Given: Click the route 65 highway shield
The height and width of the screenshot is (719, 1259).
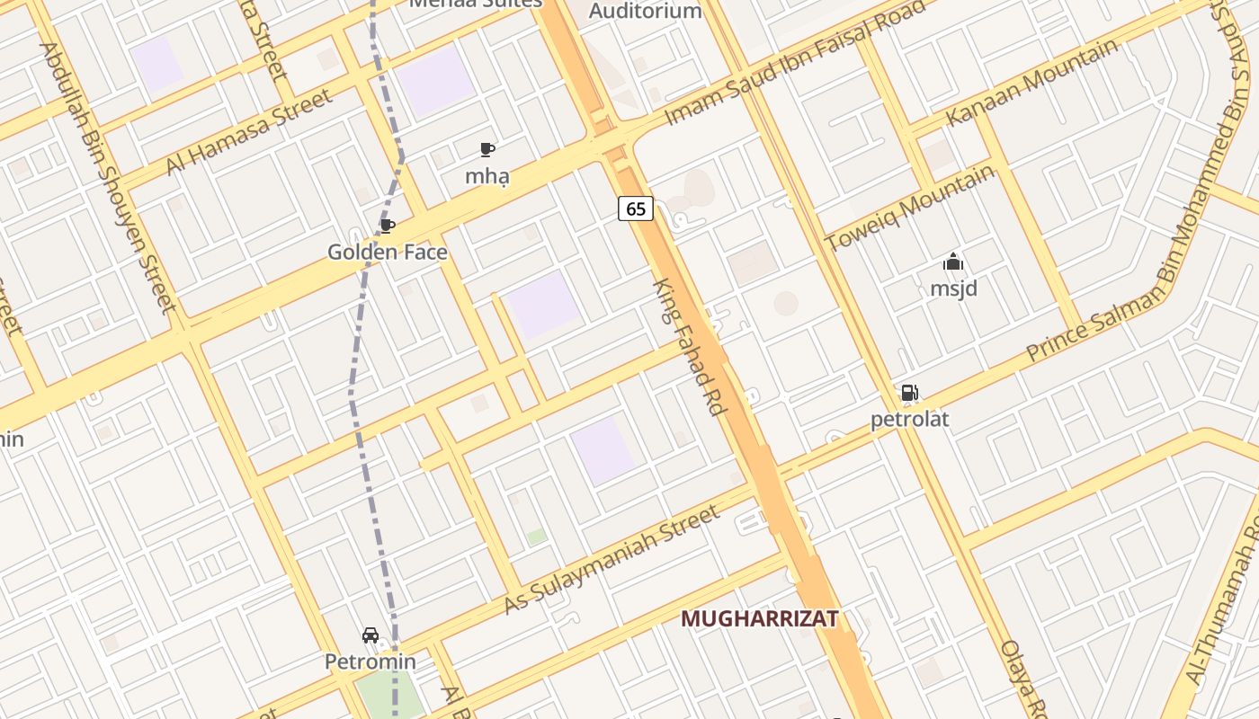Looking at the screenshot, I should tap(636, 209).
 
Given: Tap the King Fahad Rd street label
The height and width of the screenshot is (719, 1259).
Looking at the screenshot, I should tap(689, 347).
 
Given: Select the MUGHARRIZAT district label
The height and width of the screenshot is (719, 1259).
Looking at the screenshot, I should tap(760, 618).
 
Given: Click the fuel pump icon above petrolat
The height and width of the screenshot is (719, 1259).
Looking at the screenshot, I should tap(909, 393).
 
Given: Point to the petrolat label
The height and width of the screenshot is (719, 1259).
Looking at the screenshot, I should tap(909, 419).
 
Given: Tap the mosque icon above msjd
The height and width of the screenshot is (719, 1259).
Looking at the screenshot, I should tap(953, 262).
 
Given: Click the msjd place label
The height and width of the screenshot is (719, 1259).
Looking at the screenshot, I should tap(953, 288).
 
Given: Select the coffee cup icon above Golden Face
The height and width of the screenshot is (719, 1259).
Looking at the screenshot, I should tap(388, 226).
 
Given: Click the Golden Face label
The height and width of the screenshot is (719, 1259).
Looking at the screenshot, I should tap(388, 252).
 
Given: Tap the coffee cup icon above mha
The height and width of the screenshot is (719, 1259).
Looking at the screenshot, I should tap(487, 149).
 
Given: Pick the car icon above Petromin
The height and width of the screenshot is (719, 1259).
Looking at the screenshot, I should tap(371, 635).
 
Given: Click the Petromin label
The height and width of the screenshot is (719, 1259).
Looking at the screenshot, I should tap(371, 662).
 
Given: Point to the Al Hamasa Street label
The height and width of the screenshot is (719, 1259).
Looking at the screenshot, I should tap(249, 132).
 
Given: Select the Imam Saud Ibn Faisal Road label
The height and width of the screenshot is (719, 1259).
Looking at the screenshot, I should tap(795, 63).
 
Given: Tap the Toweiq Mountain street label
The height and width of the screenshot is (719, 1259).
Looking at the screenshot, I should tap(909, 208).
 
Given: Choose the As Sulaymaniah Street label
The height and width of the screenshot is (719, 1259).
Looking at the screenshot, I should tap(612, 559).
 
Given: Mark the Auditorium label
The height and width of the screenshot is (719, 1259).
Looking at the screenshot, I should tap(645, 11).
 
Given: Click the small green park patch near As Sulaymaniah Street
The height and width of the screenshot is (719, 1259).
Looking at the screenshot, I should tap(537, 537).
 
